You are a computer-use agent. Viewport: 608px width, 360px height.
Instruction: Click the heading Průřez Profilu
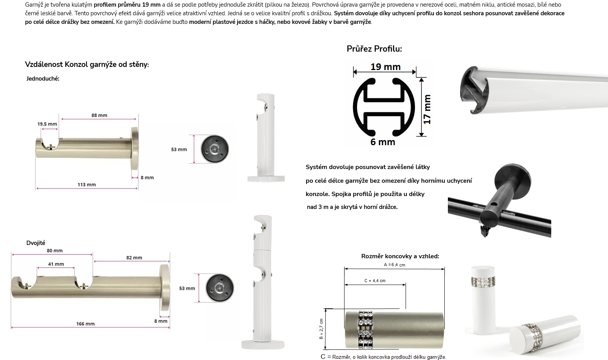coord(374,49)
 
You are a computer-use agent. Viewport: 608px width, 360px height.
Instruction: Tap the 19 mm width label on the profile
coord(385,67)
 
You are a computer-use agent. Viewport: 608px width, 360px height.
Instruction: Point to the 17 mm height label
coord(427,109)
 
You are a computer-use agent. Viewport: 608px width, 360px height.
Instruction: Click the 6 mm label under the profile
coord(383,142)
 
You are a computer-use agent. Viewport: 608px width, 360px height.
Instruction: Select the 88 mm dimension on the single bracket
coord(99,115)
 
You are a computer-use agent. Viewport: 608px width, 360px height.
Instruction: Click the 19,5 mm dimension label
coord(47,124)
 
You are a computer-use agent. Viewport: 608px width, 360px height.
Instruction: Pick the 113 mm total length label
coord(87,185)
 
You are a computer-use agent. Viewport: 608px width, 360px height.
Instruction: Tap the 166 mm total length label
coord(85,324)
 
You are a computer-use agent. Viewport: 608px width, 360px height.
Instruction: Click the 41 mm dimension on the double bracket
coord(56,264)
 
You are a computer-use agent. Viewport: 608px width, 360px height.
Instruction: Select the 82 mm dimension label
coord(134,258)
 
